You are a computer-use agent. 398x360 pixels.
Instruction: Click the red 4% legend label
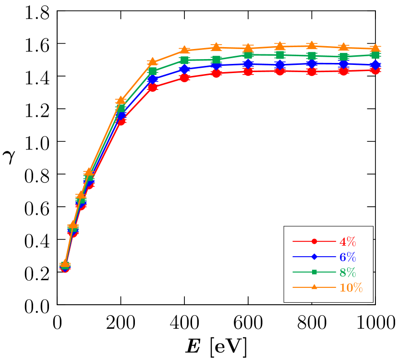[348, 242]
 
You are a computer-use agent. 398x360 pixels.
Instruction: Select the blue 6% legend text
[348, 257]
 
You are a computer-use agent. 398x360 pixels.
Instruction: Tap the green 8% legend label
[348, 273]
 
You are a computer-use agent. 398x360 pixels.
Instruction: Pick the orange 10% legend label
[351, 288]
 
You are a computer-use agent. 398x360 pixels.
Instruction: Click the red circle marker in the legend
[314, 241]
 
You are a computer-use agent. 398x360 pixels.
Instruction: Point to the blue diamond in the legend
[314, 257]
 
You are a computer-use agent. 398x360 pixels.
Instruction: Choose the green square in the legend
[314, 272]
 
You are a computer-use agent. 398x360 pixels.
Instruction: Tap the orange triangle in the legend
[314, 287]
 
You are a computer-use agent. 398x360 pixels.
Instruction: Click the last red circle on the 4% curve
[375, 70]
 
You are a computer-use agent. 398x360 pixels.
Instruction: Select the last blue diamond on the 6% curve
[375, 64]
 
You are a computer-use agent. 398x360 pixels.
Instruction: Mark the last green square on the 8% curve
[375, 55]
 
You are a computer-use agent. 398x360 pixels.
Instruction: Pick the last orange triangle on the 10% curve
[375, 48]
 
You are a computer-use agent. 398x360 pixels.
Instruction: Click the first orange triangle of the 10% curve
[65, 263]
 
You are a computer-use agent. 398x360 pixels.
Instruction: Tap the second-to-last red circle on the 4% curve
[344, 71]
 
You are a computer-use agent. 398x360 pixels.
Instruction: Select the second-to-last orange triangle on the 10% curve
[344, 47]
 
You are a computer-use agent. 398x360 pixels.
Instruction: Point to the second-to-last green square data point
[344, 57]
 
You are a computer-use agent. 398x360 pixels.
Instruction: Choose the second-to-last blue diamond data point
[344, 63]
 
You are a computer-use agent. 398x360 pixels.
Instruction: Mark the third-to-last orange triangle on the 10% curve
[312, 45]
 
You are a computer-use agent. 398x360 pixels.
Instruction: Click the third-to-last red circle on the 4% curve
[312, 72]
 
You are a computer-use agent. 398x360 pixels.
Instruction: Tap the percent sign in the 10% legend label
[357, 288]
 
